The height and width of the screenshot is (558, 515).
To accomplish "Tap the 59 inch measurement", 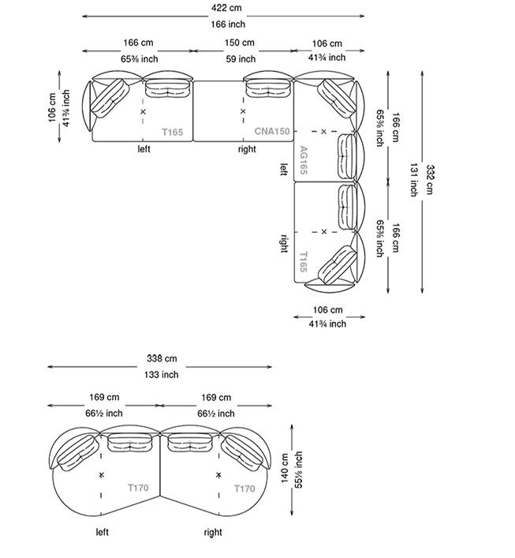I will click(x=241, y=58).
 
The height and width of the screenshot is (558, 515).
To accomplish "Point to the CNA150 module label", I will click(x=272, y=132).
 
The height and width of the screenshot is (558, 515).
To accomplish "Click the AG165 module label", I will click(x=304, y=161).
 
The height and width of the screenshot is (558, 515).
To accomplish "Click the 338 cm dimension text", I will click(x=162, y=359).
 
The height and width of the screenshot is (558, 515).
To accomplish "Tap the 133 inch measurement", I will click(x=162, y=375).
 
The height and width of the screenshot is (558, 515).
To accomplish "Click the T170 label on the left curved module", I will click(x=139, y=489).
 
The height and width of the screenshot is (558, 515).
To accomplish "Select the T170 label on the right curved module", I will click(x=244, y=489).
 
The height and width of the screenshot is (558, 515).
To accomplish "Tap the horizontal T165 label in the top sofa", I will click(x=172, y=132).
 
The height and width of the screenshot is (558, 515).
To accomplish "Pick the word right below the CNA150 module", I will click(x=247, y=148).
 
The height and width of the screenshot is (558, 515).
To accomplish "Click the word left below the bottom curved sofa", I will click(x=103, y=533).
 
